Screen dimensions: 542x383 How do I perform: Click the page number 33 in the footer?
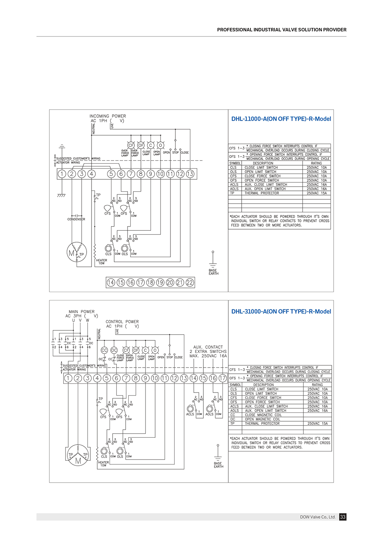coord(343,517)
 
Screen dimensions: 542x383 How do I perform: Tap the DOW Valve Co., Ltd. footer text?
coord(318,517)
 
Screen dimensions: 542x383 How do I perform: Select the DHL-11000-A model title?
coord(281,119)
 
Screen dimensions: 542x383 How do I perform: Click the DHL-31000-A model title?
coord(281,312)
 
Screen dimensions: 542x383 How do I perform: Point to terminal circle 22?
coord(190,282)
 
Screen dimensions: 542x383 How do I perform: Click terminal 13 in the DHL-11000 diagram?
coord(190,174)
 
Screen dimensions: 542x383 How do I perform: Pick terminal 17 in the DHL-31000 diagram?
coord(222,378)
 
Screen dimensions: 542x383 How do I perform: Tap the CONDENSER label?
coord(76,219)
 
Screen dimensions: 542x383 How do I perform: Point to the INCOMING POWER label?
coord(108,116)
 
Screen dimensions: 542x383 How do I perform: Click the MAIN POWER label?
coord(82,312)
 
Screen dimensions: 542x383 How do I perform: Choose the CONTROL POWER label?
coord(122,322)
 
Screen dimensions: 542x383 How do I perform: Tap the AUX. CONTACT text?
coord(208,347)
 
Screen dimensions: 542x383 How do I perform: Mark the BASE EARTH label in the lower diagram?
coord(218,465)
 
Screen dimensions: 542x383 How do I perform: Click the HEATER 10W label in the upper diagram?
coord(101,262)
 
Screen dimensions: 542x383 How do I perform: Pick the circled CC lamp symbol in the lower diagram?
coord(104,350)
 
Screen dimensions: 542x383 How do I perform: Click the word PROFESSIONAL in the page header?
coord(234,30)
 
